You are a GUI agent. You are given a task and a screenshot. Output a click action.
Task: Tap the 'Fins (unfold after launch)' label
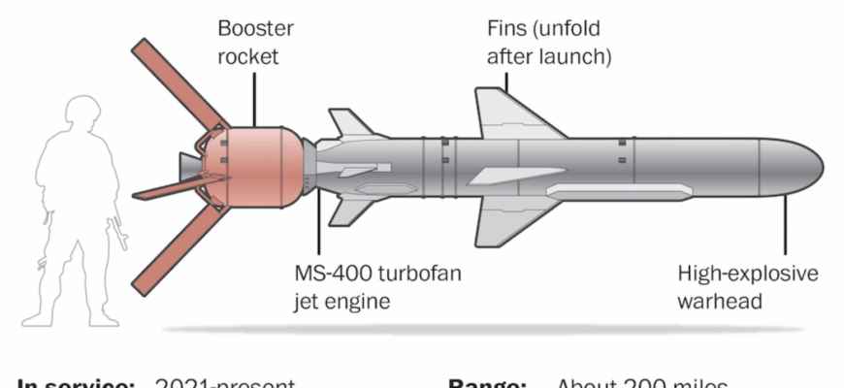(548, 43)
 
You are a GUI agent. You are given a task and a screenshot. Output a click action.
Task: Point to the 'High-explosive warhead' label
(747, 287)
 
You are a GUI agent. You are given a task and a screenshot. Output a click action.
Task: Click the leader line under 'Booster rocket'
(254, 97)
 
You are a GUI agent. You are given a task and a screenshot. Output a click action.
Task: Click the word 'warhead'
(720, 301)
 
